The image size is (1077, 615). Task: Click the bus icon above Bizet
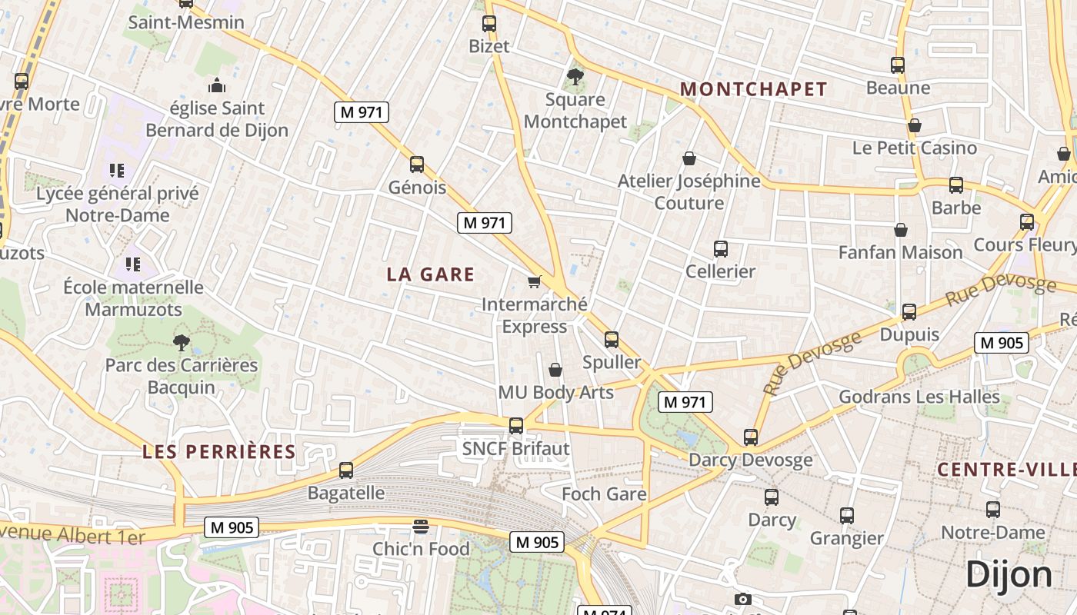(x=489, y=24)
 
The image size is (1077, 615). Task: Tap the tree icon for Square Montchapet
(x=575, y=76)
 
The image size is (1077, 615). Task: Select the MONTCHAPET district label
(x=753, y=89)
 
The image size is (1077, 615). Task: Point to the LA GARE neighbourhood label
(x=431, y=274)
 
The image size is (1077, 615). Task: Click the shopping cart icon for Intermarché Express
(x=535, y=282)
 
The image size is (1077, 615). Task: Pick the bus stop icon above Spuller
(x=612, y=339)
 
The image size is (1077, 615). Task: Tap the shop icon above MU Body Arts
(x=555, y=371)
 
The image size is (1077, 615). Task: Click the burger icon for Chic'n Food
(x=420, y=527)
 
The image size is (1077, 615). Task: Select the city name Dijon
(x=1009, y=574)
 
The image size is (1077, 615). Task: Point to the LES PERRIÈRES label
(x=219, y=451)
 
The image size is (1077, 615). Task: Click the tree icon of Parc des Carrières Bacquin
(x=182, y=342)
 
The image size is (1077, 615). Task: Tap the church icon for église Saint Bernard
(x=217, y=85)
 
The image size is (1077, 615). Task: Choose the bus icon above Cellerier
(x=721, y=249)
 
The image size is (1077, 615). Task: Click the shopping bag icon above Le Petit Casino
(x=915, y=125)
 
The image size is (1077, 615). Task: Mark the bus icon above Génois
(x=417, y=165)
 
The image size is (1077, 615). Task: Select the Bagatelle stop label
(x=346, y=493)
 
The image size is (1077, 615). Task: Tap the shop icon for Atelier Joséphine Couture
(x=689, y=159)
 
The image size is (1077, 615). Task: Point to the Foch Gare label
(x=604, y=494)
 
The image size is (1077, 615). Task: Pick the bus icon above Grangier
(x=847, y=516)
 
